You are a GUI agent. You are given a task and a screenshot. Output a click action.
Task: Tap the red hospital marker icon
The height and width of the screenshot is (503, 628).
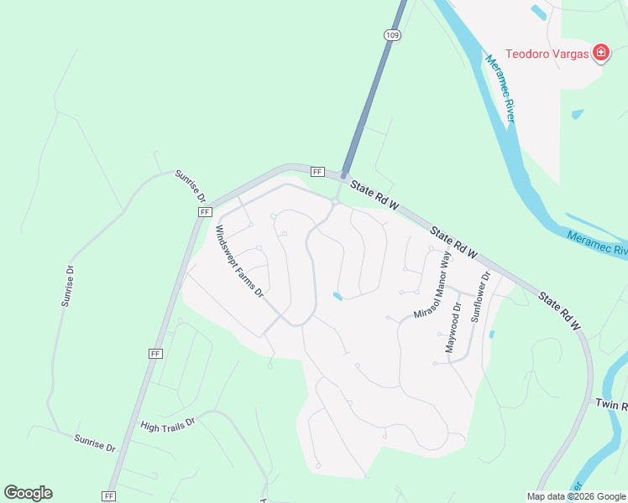pos(601,54)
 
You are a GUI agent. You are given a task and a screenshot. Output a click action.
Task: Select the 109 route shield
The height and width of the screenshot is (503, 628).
pos(393,34)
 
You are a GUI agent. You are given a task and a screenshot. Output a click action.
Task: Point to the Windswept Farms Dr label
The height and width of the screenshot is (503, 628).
pos(239,262)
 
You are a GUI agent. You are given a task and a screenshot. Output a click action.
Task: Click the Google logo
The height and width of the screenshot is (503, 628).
pos(28,493)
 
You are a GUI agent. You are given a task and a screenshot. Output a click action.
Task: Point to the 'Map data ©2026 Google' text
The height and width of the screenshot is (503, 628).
pos(576,496)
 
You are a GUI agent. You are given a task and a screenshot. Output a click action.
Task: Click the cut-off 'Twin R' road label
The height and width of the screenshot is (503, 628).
pos(611,405)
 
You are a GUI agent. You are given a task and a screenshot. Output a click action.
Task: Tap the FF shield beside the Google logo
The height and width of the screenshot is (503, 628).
pos(108,496)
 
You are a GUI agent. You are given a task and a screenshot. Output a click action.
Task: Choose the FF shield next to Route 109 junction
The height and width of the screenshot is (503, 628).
pos(317,172)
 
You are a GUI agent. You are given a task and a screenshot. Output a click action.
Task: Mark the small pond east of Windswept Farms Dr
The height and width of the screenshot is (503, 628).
pos(338,296)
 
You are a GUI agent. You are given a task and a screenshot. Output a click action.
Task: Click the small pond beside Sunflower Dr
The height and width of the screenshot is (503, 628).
pos(491,334)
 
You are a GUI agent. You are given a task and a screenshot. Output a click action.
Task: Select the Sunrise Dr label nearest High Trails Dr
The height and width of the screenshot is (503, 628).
pos(94,443)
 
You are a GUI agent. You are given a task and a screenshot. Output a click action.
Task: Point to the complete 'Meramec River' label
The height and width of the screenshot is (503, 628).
pos(500,88)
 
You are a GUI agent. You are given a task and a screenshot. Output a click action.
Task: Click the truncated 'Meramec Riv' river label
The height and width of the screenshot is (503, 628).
pos(597,244)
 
